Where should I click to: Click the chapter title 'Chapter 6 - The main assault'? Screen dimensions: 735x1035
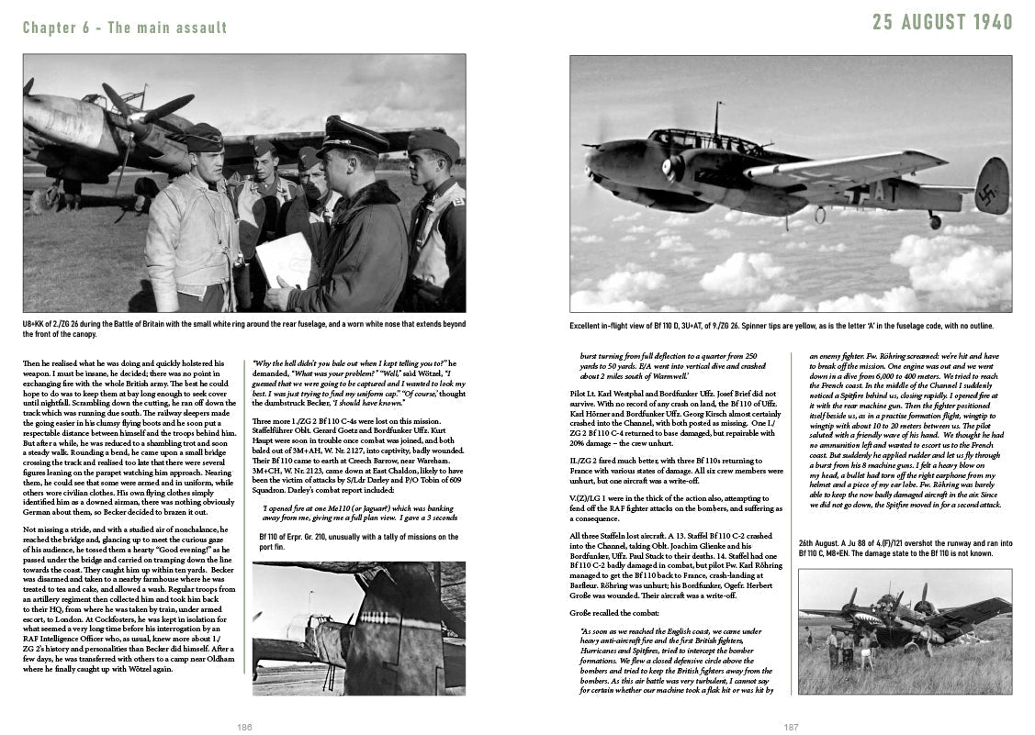pyautogui.click(x=125, y=28)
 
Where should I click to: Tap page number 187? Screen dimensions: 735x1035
pyautogui.click(x=791, y=727)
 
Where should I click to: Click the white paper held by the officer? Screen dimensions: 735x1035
pyautogui.click(x=283, y=258)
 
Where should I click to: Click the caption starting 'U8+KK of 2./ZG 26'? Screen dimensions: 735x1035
pyautogui.click(x=243, y=329)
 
